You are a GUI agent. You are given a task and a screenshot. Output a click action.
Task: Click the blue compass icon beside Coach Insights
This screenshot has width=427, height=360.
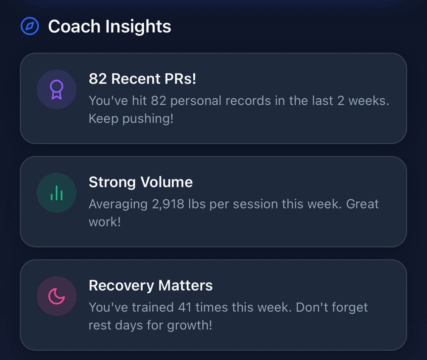click(30, 26)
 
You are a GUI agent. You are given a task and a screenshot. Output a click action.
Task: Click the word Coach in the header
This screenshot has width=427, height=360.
click(74, 26)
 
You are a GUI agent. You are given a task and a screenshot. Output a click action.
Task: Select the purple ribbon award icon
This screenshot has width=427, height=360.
click(57, 90)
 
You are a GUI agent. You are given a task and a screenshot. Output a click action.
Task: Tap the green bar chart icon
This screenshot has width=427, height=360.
click(57, 193)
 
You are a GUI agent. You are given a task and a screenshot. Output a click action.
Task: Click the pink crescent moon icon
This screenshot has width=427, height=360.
click(57, 296)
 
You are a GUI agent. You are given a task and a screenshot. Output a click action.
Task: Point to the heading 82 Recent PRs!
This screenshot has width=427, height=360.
click(142, 79)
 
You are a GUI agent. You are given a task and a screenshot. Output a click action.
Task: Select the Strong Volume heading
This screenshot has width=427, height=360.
click(141, 182)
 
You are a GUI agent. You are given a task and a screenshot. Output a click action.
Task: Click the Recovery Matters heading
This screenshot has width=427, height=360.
click(151, 285)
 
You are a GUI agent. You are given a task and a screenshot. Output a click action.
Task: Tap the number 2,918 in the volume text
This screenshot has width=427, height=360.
click(168, 204)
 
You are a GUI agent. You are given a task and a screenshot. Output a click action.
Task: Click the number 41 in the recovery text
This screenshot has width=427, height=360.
click(185, 307)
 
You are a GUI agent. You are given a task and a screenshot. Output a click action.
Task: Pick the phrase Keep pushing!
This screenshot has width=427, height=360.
click(131, 119)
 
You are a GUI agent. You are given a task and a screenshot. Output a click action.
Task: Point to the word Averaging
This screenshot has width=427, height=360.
click(118, 204)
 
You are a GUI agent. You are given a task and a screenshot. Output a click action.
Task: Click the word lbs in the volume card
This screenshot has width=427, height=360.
click(197, 204)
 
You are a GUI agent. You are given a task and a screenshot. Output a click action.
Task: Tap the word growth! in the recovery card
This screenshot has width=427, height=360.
click(189, 325)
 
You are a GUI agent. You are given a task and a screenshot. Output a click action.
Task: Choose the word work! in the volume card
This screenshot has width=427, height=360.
click(105, 222)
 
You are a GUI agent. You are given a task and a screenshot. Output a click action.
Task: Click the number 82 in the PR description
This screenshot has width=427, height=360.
click(158, 101)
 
